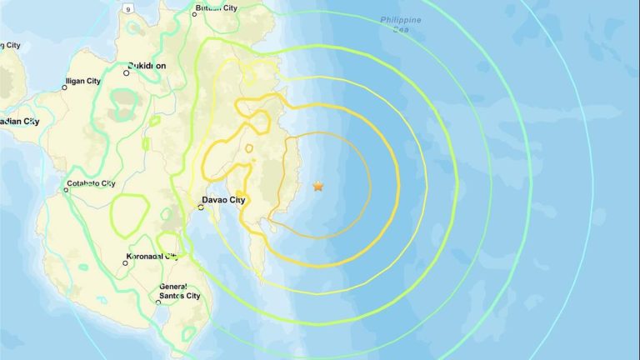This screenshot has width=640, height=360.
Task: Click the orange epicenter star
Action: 318,186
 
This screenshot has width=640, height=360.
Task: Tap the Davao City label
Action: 225,200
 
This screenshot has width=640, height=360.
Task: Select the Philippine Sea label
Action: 401,23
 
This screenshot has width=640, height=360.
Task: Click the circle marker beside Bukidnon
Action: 127,72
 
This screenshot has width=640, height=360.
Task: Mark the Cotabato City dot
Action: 67,190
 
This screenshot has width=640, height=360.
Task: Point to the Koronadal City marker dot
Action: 126,262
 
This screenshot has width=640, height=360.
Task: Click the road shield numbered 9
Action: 127,8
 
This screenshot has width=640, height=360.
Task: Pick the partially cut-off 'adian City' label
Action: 20,122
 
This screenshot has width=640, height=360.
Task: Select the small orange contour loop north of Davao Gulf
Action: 249,149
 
